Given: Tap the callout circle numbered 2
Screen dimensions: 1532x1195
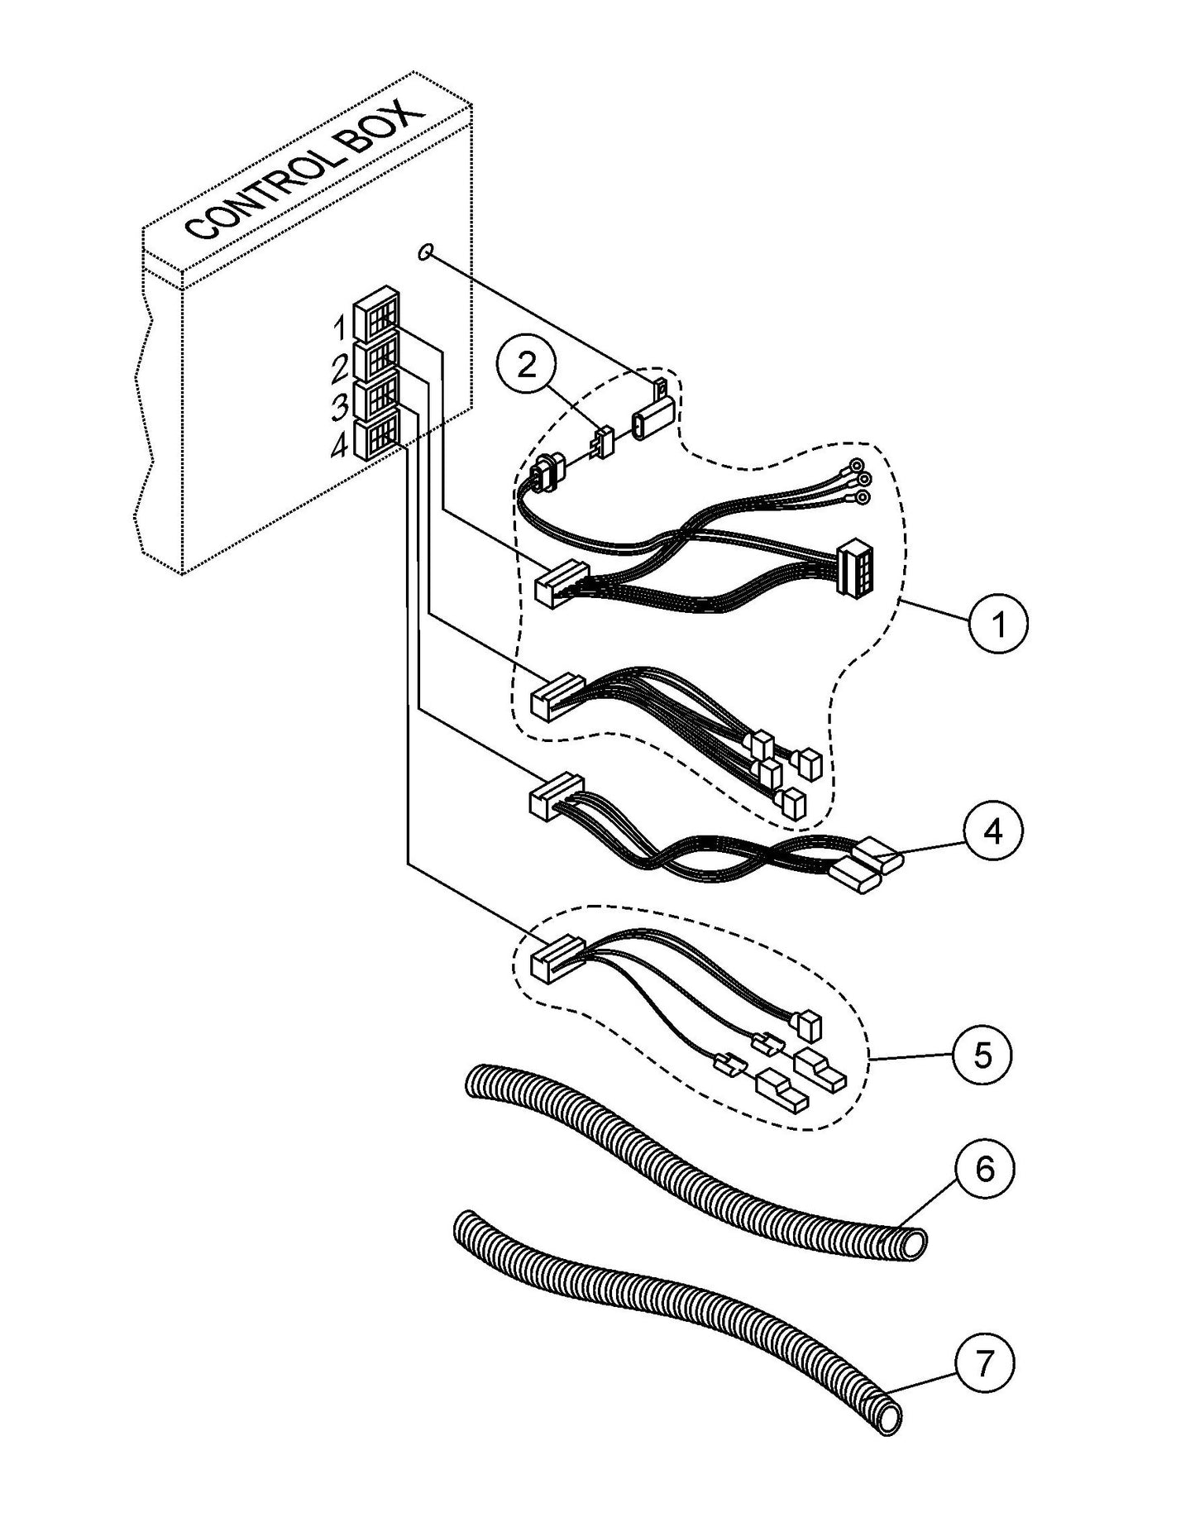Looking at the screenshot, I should [x=527, y=365].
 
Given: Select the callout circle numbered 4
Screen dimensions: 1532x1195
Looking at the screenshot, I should [x=994, y=831].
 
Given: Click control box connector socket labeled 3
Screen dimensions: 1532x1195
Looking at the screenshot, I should [x=376, y=399].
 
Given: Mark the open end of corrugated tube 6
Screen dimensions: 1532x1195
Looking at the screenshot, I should [x=914, y=1242].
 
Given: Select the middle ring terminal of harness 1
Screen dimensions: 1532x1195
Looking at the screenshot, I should [x=863, y=480].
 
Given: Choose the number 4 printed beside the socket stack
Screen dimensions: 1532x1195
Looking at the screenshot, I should [x=338, y=447].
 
